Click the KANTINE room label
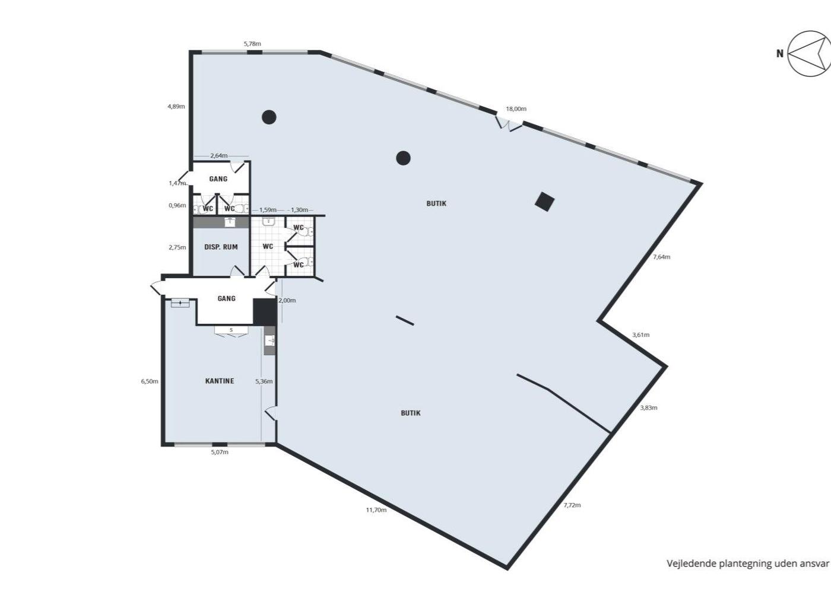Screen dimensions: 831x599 click(x=220, y=381)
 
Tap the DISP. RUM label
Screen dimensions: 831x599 click(x=221, y=247)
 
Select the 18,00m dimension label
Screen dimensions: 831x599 click(x=516, y=109)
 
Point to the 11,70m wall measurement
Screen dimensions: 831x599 click(x=376, y=509)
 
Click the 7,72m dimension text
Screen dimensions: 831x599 click(x=572, y=505)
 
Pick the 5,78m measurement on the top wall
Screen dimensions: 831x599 click(x=252, y=44)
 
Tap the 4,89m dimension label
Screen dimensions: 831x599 click(x=176, y=106)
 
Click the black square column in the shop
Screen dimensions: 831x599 click(x=545, y=202)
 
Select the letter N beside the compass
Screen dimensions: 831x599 click(x=780, y=54)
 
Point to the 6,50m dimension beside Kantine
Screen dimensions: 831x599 click(x=150, y=381)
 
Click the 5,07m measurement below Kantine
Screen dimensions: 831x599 click(x=220, y=452)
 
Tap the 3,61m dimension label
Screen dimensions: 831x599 click(x=640, y=334)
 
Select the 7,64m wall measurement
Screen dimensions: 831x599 click(x=661, y=256)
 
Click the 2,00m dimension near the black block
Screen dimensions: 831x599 click(x=287, y=300)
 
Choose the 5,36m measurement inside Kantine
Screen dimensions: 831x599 click(x=264, y=381)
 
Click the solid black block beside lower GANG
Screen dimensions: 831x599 click(x=265, y=312)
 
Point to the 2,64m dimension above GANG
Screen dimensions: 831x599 click(x=219, y=155)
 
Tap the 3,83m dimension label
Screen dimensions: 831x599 click(x=648, y=408)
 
